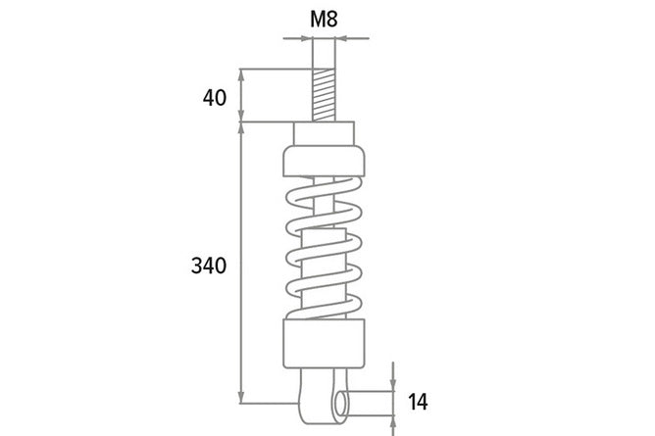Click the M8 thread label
coord(324,20)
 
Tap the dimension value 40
coord(215,98)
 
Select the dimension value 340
coord(209,266)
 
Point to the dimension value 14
coord(418,402)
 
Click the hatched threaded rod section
coord(324,95)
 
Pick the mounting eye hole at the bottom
coord(341,404)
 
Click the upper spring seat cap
coord(324,161)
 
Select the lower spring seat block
coord(324,344)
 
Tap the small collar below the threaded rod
coord(324,134)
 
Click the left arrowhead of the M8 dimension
coord(307,39)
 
